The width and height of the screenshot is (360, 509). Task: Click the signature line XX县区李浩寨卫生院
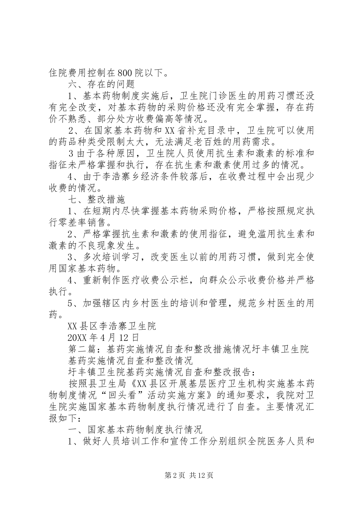[111, 325]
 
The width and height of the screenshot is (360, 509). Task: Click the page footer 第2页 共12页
[180, 475]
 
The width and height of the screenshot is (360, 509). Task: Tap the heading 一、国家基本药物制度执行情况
[135, 429]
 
